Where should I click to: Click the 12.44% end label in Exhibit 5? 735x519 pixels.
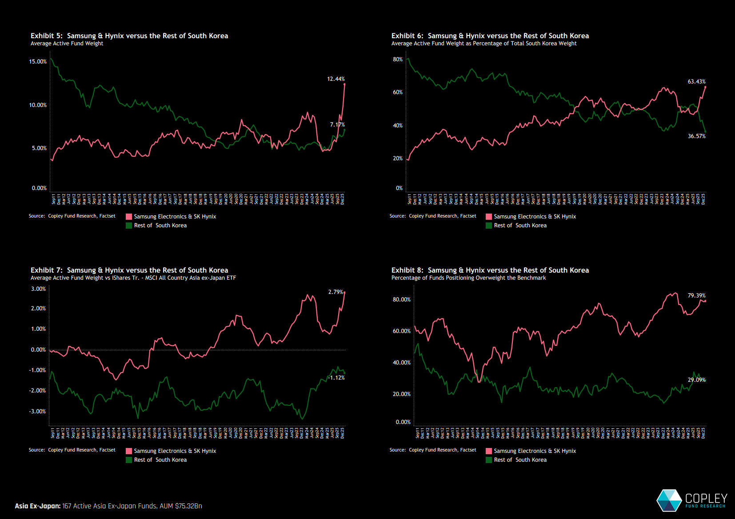pyautogui.click(x=336, y=79)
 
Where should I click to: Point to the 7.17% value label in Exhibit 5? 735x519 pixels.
pyautogui.click(x=337, y=125)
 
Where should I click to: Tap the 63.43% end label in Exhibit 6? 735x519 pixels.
pyautogui.click(x=696, y=82)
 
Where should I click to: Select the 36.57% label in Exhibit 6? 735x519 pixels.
pyautogui.click(x=696, y=136)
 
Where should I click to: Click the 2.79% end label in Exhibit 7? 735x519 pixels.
pyautogui.click(x=336, y=292)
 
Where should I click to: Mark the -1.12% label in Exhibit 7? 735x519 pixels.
pyautogui.click(x=336, y=378)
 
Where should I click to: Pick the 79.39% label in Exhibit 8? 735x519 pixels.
pyautogui.click(x=696, y=296)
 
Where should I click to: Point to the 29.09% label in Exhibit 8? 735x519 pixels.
pyautogui.click(x=696, y=380)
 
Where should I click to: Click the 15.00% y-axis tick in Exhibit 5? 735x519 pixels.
pyautogui.click(x=38, y=62)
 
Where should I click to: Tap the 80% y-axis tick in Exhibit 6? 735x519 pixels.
pyautogui.click(x=398, y=59)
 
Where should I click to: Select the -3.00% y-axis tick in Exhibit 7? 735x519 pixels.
pyautogui.click(x=37, y=412)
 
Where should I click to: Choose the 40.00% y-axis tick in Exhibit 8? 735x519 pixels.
pyautogui.click(x=401, y=363)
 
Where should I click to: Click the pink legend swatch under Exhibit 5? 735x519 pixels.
pyautogui.click(x=129, y=217)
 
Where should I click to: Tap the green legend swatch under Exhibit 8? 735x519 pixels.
pyautogui.click(x=489, y=460)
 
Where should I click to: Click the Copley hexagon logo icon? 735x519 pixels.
pyautogui.click(x=669, y=500)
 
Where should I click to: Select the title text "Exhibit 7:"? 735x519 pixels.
pyautogui.click(x=46, y=270)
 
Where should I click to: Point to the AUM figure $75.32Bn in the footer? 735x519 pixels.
pyautogui.click(x=188, y=506)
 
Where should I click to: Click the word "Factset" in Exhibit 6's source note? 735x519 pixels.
pyautogui.click(x=468, y=216)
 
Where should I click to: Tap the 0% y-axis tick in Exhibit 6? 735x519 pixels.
pyautogui.click(x=399, y=188)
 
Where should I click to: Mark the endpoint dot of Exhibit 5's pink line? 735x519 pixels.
pyautogui.click(x=344, y=84)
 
